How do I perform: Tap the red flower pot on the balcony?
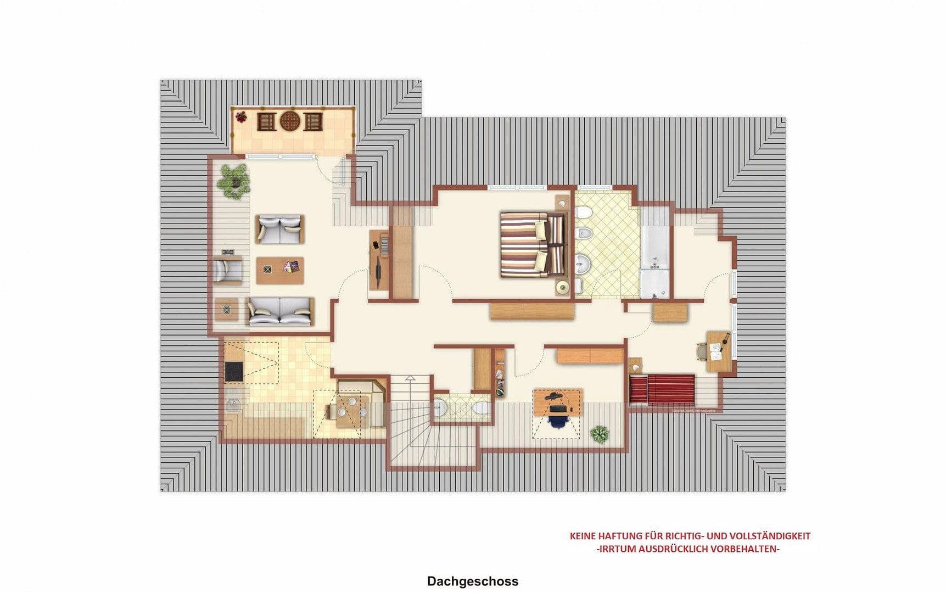point(240,116)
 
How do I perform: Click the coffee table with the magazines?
point(280,270)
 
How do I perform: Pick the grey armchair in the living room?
point(227,269)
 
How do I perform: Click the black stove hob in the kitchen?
point(234,371)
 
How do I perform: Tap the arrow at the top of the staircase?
point(410,379)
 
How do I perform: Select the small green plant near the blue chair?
point(600,434)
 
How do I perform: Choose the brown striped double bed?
point(531,244)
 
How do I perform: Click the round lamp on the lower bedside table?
point(563,287)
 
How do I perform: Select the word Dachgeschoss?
point(472,581)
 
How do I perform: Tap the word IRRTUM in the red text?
point(618,549)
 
